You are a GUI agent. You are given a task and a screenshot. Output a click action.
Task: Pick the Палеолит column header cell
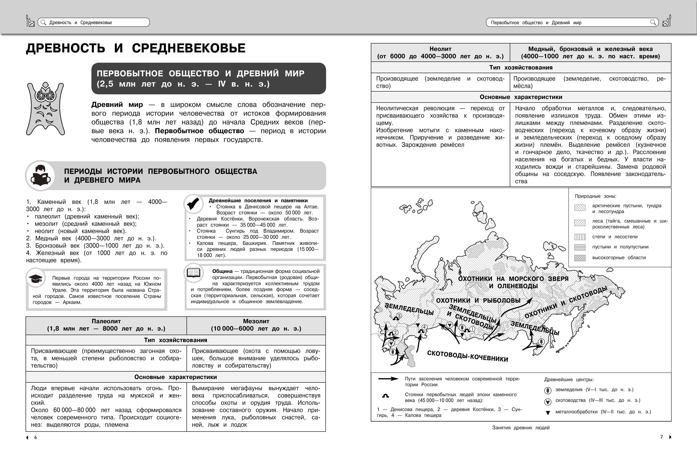pyautogui.click(x=106, y=325)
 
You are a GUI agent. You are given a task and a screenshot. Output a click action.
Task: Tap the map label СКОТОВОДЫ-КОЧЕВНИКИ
pyautogui.click(x=467, y=356)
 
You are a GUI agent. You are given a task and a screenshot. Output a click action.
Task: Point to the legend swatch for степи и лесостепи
pyautogui.click(x=580, y=237)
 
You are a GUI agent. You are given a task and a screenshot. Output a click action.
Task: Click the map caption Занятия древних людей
pyautogui.click(x=521, y=428)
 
